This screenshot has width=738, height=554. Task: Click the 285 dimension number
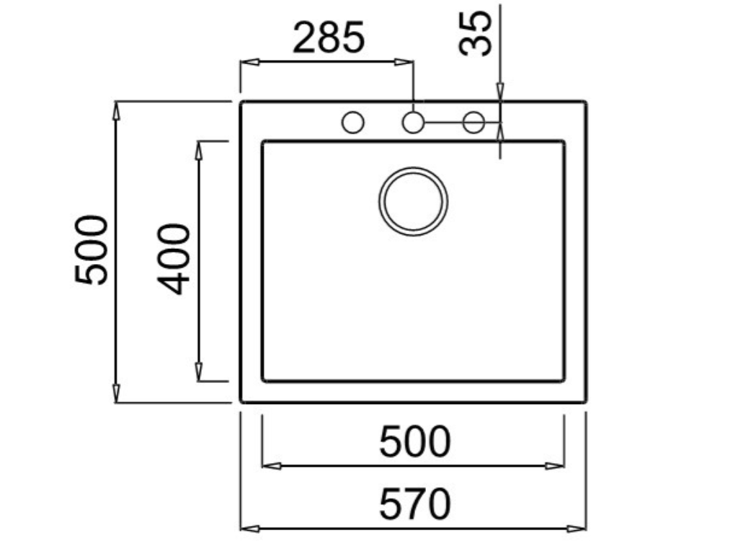coord(329,39)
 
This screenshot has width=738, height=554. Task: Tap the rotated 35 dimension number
coord(476,32)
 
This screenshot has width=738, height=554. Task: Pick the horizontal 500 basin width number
coord(414,442)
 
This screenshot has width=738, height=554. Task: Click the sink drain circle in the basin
coord(413,201)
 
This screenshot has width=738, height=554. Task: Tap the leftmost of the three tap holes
coord(352,123)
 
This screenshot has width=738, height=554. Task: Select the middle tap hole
coord(413,123)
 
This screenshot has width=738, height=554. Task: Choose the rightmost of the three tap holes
coord(474,123)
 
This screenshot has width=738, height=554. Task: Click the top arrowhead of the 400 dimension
coord(200,149)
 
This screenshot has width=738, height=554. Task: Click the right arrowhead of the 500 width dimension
coord(556,466)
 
